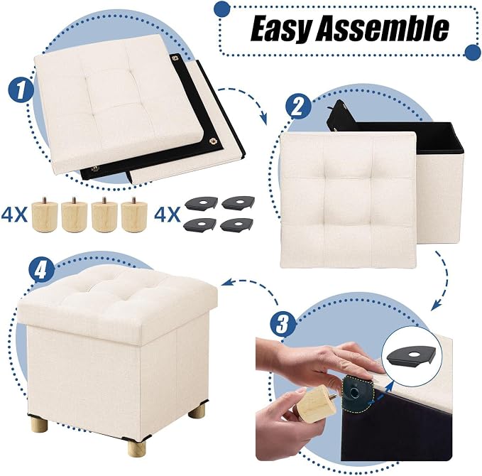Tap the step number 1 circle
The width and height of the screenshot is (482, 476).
(x=21, y=90)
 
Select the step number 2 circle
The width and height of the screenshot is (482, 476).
(x=298, y=107)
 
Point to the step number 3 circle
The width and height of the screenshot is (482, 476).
(x=283, y=324)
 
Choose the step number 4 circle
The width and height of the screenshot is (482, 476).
(x=41, y=271)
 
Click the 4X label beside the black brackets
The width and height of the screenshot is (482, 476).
(x=167, y=215)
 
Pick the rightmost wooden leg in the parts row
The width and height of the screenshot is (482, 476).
(x=134, y=215)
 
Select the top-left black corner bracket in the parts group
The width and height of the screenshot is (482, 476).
(x=201, y=203)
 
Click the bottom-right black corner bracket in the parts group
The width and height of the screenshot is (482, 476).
(x=237, y=225)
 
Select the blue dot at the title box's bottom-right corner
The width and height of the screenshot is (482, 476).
(x=473, y=52)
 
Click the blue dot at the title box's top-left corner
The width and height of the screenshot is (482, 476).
(x=222, y=9)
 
